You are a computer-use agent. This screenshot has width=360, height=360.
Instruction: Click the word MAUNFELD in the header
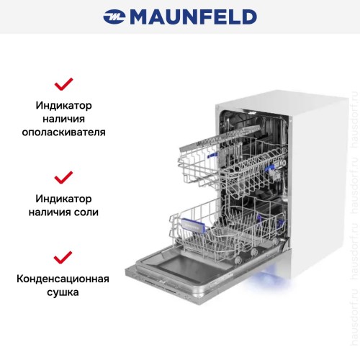pyautogui.click(x=192, y=17)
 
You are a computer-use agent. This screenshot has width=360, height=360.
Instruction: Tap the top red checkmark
pyautogui.click(x=64, y=84)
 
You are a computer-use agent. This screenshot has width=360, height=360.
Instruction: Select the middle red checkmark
pyautogui.click(x=64, y=177)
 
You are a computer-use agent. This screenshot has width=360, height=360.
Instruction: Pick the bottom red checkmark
pyautogui.click(x=64, y=257)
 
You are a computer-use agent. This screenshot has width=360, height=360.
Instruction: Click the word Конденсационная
pyautogui.click(x=64, y=279)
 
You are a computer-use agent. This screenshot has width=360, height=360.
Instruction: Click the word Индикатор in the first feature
pyautogui.click(x=64, y=105)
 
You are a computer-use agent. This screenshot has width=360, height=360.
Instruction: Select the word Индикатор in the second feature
pyautogui.click(x=64, y=198)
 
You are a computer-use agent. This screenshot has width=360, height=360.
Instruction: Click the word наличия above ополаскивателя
pyautogui.click(x=64, y=119)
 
